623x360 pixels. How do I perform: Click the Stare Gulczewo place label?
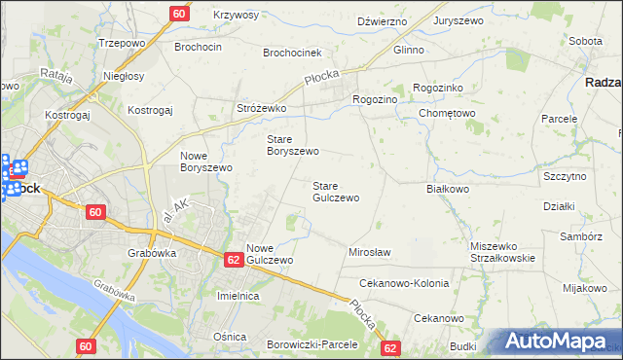336,191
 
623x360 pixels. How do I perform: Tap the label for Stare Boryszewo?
293,145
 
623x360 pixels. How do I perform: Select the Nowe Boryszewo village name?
206,162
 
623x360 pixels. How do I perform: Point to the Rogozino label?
375,99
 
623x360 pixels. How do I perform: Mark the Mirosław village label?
369,252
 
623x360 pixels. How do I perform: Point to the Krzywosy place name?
237,16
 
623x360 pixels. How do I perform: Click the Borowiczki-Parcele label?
312,344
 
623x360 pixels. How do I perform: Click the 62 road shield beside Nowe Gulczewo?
233,260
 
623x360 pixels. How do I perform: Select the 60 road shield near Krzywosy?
179,14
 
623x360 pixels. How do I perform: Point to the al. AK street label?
177,208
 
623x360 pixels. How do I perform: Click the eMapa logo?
556,341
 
